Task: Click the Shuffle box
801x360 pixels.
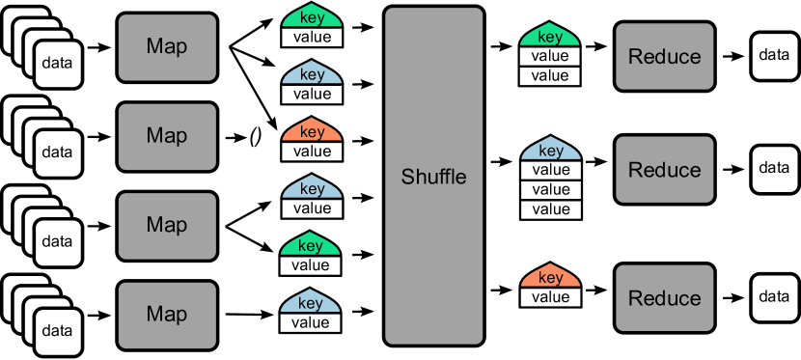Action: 433,176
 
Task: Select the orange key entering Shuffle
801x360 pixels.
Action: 312,132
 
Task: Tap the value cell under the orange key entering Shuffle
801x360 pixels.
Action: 312,152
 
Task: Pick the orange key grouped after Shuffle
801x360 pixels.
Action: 550,278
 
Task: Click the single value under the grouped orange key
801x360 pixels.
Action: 550,297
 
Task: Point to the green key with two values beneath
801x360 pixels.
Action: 550,37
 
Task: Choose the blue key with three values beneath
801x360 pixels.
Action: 550,151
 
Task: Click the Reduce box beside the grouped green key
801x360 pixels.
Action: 664,57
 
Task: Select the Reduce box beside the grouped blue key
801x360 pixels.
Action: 664,170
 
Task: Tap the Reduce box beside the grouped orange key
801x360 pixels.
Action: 664,297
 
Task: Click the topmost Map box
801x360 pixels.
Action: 167,47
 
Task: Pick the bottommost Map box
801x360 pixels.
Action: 167,315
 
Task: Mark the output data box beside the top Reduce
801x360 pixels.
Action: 774,55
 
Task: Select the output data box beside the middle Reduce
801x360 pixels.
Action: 774,168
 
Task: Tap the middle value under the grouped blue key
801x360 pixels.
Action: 550,190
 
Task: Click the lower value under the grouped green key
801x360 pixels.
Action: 550,76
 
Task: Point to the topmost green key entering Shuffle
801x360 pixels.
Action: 312,18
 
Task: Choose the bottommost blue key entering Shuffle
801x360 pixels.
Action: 312,303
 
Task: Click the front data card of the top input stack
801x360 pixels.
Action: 57,64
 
